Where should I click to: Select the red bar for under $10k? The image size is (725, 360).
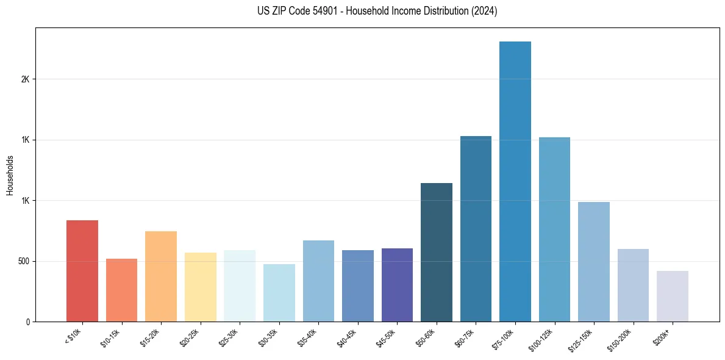[82, 271]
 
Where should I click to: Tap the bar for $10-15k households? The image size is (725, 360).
[121, 290]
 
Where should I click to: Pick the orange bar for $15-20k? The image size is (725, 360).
[161, 276]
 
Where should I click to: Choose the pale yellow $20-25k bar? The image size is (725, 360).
[200, 287]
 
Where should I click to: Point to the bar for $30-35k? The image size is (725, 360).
[279, 293]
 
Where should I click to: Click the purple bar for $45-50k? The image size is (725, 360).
[397, 285]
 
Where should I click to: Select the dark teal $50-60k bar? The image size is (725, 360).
[437, 252]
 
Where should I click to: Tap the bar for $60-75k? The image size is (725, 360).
[476, 229]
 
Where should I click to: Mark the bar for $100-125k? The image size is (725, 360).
[554, 229]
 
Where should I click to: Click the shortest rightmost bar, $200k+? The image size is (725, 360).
[673, 296]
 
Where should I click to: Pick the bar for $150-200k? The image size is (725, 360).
[633, 285]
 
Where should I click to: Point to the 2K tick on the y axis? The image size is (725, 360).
[25, 79]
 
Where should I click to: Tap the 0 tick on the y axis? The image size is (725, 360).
[28, 322]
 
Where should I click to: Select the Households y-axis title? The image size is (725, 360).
[10, 175]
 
